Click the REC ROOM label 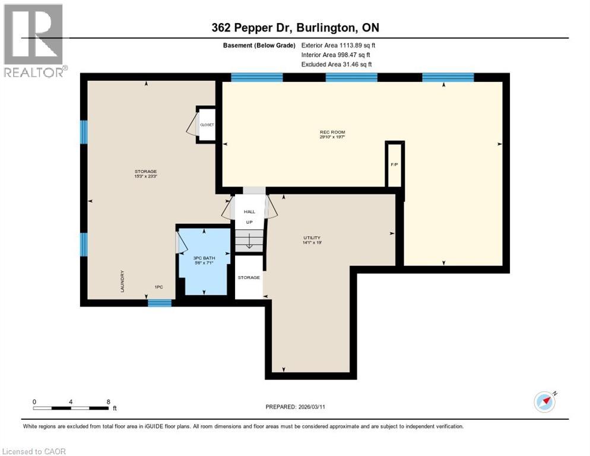coord(332,132)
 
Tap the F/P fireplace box coord(394,164)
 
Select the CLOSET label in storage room coord(207,125)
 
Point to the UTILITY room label coord(312,238)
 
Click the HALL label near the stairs coord(249,211)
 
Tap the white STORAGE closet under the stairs coord(249,277)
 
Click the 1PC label coord(158,287)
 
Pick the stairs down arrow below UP coord(249,242)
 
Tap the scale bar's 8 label coord(108,402)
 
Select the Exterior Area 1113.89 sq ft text coord(338,45)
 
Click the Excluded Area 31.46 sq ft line coord(337,64)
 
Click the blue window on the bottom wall coord(159,303)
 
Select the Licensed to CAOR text coord(34,451)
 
